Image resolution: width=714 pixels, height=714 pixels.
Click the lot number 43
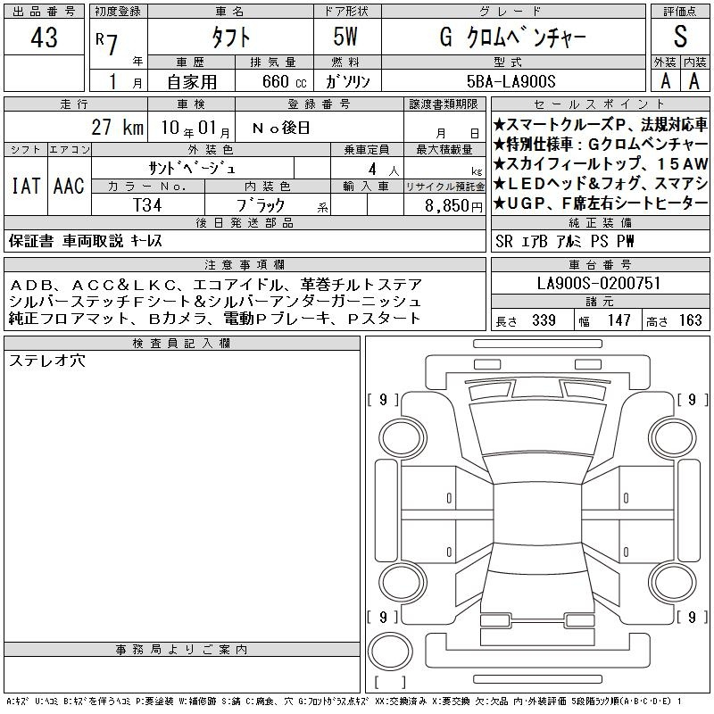(x=44, y=37)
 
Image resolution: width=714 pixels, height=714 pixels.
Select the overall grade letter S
(x=680, y=36)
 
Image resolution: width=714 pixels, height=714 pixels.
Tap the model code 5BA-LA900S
(x=511, y=81)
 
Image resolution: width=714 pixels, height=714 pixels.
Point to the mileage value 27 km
(x=118, y=127)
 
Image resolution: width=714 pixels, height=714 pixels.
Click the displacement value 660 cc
(x=284, y=81)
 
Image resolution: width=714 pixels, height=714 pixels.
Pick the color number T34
(x=147, y=205)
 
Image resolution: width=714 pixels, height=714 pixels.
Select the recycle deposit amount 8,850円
(x=453, y=206)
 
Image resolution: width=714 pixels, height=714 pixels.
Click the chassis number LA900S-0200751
(x=598, y=283)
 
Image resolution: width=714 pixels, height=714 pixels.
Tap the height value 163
(x=690, y=320)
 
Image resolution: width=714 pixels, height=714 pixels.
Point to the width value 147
(x=619, y=320)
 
